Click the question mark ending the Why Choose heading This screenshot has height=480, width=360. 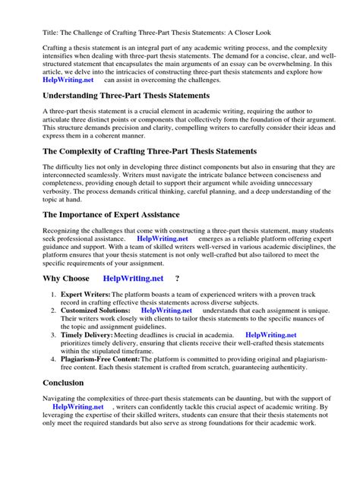click(178, 279)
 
